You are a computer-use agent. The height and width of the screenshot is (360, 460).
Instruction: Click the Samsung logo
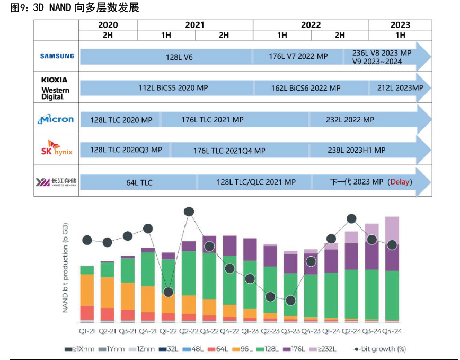click(x=57, y=56)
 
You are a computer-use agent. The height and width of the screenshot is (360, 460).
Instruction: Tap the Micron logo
click(x=56, y=119)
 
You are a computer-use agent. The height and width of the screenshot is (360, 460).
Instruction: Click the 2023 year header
click(x=400, y=24)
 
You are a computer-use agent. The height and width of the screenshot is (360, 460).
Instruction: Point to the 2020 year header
click(x=108, y=24)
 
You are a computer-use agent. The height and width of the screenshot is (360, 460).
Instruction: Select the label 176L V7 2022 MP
click(x=298, y=56)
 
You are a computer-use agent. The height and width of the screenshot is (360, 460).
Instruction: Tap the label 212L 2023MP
click(x=400, y=87)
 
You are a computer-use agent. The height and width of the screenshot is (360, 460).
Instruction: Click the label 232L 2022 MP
click(x=350, y=119)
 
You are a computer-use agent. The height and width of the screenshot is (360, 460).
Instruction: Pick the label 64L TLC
click(x=139, y=182)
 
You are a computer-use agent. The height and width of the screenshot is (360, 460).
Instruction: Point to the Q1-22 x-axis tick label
click(x=168, y=331)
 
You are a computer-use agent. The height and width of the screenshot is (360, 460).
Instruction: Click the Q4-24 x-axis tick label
click(x=392, y=331)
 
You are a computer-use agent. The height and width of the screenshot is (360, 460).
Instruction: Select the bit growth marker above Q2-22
click(x=189, y=212)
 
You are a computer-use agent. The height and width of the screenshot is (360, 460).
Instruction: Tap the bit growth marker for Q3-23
click(x=290, y=301)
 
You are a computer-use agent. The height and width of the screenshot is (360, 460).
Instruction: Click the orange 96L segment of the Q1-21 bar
click(x=87, y=289)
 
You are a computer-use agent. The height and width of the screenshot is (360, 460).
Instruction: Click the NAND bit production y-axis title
click(x=66, y=268)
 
